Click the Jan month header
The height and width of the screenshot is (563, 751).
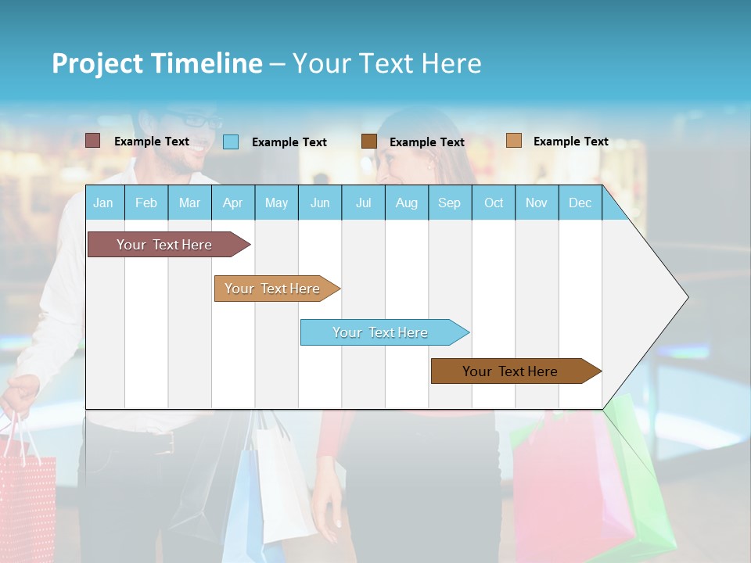[x=103, y=203]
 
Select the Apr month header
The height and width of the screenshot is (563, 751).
[x=233, y=203]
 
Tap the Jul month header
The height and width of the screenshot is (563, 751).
[x=363, y=203]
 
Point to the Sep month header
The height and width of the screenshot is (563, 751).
[x=449, y=203]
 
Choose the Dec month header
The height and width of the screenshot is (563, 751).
[x=580, y=203]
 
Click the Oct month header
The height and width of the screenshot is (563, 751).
[x=494, y=203]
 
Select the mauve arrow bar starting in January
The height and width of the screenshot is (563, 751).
[x=164, y=245]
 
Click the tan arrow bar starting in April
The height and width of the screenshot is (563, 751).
[x=272, y=289]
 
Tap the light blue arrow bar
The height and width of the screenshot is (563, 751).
[x=380, y=332]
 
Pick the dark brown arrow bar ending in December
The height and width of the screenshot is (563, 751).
[x=510, y=371]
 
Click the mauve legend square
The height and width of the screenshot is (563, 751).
[x=92, y=141]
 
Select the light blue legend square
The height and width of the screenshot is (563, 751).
[x=230, y=142]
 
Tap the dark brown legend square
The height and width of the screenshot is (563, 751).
[x=369, y=142]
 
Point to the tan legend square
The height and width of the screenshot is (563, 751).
[x=513, y=141]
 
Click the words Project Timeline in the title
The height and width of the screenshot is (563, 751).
[x=156, y=63]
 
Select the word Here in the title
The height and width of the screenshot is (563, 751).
[x=451, y=63]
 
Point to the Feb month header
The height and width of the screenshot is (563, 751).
[x=146, y=203]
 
